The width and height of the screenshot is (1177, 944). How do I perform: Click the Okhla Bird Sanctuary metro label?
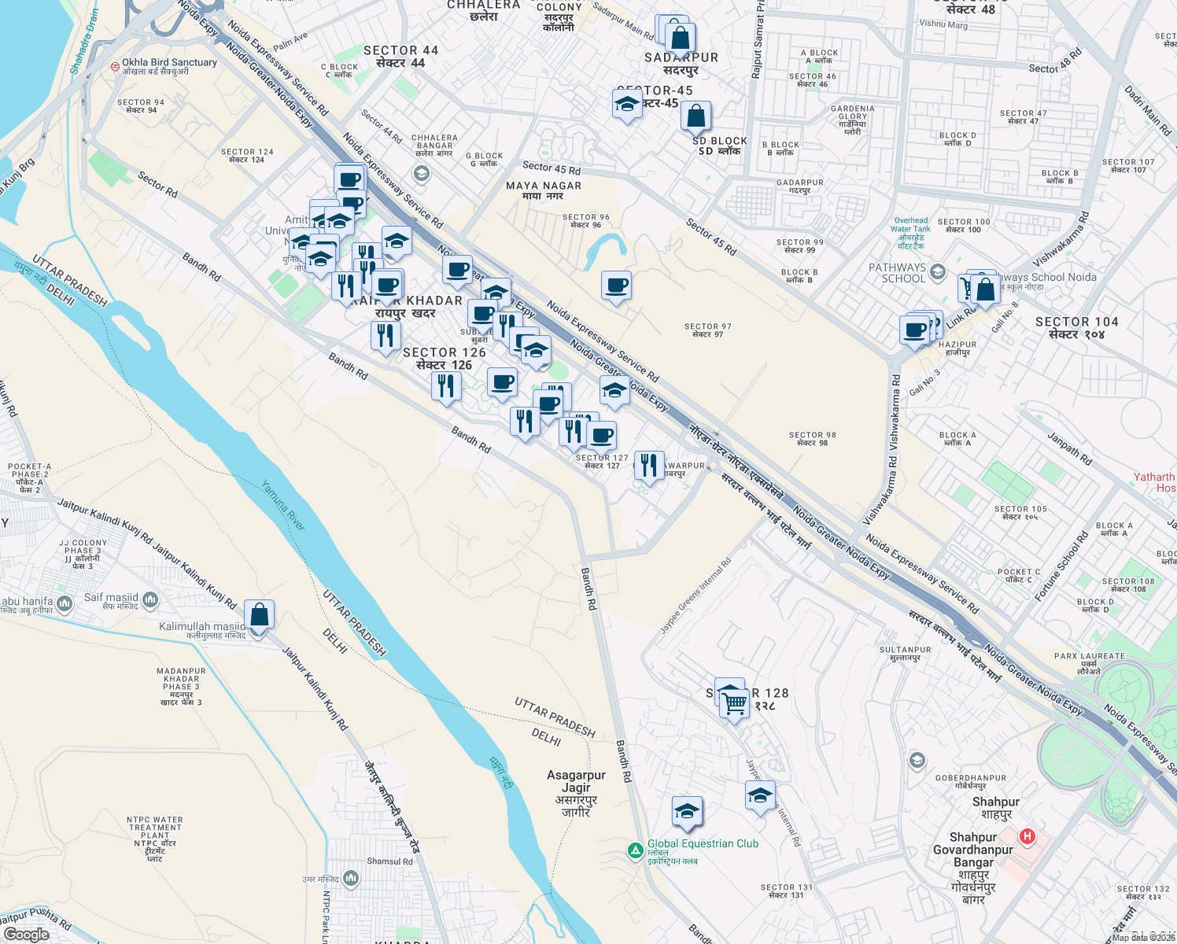(x=169, y=62)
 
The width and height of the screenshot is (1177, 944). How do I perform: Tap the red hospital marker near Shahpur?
(x=1027, y=836)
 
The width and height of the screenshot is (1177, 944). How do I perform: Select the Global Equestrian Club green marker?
(x=635, y=850)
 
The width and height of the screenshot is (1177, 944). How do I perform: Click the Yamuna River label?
(x=283, y=505)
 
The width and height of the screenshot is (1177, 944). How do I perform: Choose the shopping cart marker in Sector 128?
(x=734, y=703)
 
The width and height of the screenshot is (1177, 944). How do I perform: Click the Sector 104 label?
(x=1076, y=322)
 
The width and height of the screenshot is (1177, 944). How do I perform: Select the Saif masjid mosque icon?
(x=149, y=600)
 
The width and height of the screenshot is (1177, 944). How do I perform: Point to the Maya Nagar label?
(x=544, y=186)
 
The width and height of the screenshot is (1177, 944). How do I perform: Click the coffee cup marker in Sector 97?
(x=617, y=286)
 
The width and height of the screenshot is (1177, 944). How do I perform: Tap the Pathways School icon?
(x=937, y=272)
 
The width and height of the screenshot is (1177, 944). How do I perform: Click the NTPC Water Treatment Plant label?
(x=155, y=828)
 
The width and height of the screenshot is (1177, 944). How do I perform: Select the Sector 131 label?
(x=787, y=887)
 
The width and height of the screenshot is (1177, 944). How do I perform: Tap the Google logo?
(x=27, y=934)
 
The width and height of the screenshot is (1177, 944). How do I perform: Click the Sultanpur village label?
(x=905, y=650)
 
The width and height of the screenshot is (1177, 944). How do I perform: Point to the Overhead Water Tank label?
(x=910, y=225)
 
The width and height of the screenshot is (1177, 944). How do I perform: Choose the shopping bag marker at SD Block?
(x=695, y=116)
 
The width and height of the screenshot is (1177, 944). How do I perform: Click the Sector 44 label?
(x=401, y=50)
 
